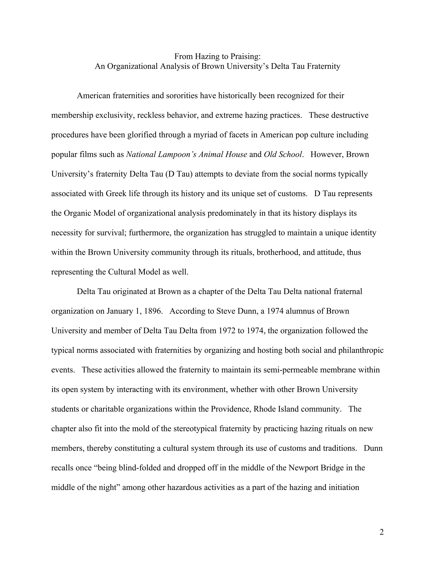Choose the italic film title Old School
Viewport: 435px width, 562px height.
(x=283, y=154)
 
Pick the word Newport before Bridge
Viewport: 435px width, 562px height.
(x=303, y=468)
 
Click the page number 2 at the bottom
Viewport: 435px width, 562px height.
(x=381, y=532)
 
